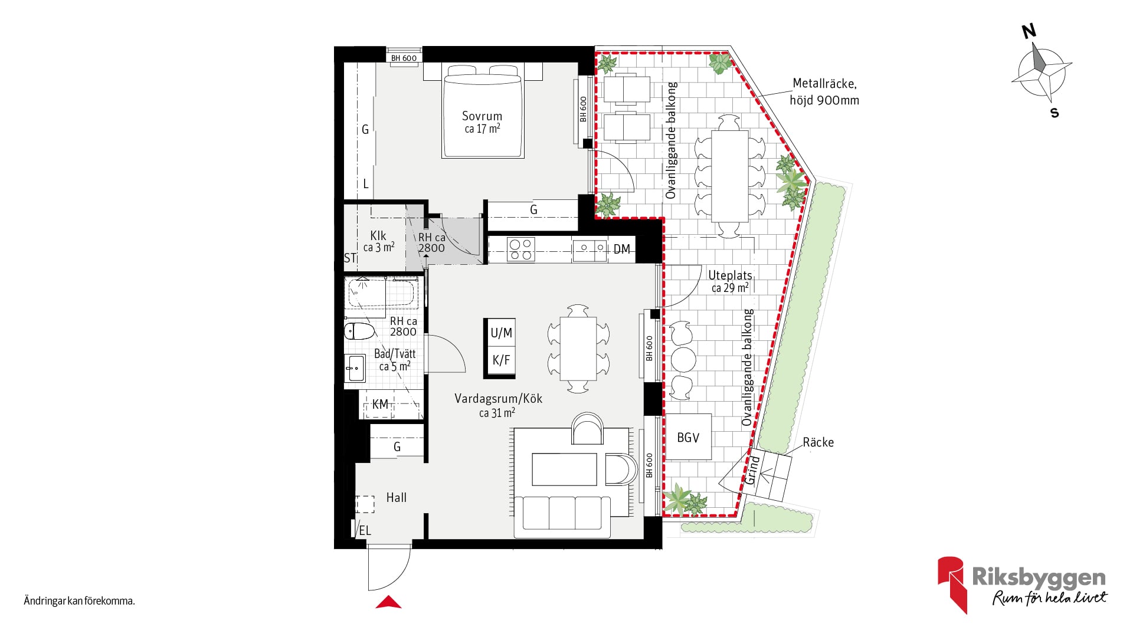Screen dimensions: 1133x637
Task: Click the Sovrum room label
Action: (482, 116)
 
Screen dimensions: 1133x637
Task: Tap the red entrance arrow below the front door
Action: (388, 602)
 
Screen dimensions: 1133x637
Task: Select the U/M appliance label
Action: (501, 333)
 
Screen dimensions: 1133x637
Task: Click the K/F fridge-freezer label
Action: (501, 360)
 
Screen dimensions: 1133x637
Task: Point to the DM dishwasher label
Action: (621, 249)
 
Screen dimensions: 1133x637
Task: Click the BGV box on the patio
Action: (688, 437)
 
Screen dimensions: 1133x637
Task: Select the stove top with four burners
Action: (521, 249)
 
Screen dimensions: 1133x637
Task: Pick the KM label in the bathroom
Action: (380, 404)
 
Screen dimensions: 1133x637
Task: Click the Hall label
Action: (397, 497)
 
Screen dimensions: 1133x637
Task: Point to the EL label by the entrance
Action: (365, 530)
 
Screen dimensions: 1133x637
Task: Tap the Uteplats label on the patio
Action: (730, 275)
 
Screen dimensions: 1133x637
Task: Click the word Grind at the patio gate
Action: (751, 470)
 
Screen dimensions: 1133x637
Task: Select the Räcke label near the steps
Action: (818, 442)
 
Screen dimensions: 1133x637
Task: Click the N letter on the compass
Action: (1029, 31)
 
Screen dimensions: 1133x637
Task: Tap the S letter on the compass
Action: (1055, 113)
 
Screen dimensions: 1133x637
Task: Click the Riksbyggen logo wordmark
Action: (1039, 577)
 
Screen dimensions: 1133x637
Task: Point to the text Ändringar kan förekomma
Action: (79, 601)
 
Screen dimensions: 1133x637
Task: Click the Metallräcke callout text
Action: (824, 91)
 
